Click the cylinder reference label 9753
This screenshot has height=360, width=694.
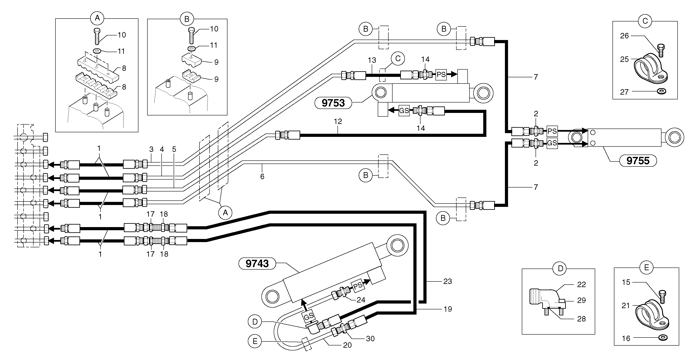pyautogui.click(x=333, y=103)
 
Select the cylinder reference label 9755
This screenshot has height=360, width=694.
pyautogui.click(x=638, y=161)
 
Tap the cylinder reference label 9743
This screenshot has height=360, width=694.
pyautogui.click(x=257, y=263)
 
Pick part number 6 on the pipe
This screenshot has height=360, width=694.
pyautogui.click(x=262, y=177)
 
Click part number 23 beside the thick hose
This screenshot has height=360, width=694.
pyautogui.click(x=448, y=281)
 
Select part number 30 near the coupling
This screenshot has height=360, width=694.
pyautogui.click(x=370, y=339)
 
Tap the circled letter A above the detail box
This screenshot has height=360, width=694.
pyautogui.click(x=97, y=18)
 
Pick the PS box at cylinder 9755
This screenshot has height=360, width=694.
pyautogui.click(x=552, y=131)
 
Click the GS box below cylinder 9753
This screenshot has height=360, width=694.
pyautogui.click(x=404, y=111)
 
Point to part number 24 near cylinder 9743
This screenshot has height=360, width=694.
pyautogui.click(x=361, y=300)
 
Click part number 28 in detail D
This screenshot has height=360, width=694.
pyautogui.click(x=581, y=319)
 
